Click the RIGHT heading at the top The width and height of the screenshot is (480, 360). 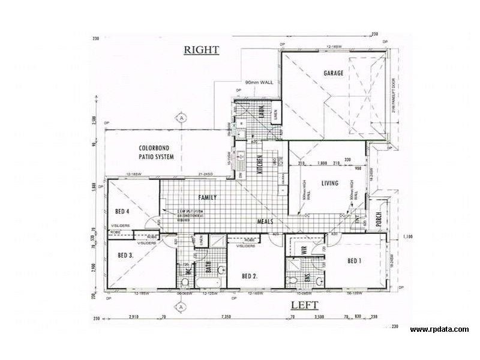coord(201,50)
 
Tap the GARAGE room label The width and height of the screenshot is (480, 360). coord(334,73)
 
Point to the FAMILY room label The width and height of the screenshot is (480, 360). coord(208,197)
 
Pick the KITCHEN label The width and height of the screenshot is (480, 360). coord(260,163)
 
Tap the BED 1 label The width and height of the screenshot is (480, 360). coord(355,261)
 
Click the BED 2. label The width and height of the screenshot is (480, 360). coord(250,276)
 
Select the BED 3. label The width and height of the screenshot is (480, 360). coord(125,256)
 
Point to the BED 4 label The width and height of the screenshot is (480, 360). coord(122,211)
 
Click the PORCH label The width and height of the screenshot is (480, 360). coord(379,221)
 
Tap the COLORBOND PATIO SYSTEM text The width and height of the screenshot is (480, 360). coord(156,152)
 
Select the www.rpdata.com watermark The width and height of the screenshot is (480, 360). coord(440,329)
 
